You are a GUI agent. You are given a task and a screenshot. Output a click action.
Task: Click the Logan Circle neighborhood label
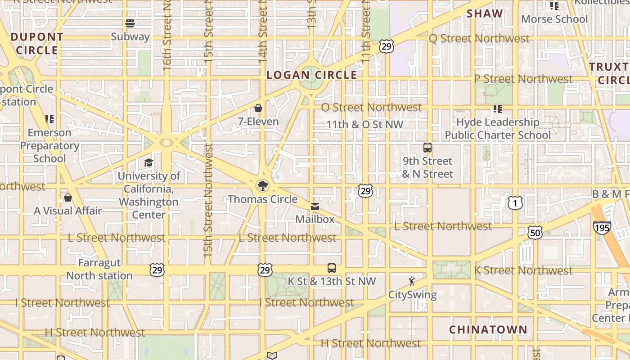312,75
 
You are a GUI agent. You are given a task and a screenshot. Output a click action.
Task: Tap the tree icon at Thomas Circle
261,185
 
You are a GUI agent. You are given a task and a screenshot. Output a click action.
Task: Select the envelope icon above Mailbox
315,207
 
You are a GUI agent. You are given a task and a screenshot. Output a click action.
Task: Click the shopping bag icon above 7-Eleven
258,108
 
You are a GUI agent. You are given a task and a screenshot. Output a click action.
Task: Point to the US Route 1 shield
515,203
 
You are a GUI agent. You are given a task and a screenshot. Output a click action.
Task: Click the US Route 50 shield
535,233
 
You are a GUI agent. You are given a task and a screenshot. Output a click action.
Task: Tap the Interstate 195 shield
602,227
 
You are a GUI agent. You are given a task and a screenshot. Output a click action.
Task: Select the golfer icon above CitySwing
412,282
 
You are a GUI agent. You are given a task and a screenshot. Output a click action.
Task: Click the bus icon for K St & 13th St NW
332,268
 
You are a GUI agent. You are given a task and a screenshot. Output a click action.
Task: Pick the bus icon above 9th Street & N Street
427,147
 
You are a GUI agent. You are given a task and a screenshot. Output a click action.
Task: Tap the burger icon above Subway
130,23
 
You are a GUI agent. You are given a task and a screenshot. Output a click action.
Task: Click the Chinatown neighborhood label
488,330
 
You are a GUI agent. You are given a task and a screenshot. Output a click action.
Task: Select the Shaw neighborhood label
485,13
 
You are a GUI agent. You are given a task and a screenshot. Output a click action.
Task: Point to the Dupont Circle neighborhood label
37,44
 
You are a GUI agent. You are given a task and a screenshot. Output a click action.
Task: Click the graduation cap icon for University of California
148,162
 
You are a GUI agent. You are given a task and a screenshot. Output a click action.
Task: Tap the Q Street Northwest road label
479,39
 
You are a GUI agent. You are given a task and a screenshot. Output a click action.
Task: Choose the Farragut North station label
99,269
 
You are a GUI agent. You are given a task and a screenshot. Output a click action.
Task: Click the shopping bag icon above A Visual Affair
68,198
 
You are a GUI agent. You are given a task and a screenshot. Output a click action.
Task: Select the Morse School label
554,19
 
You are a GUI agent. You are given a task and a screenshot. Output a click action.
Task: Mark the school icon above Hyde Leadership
498,109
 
